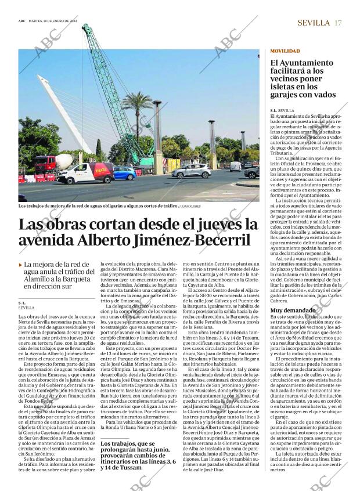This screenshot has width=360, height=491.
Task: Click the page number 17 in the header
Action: [x=337, y=23]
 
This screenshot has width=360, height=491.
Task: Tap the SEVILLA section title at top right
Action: [x=313, y=23]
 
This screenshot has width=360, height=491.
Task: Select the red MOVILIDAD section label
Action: [x=285, y=52]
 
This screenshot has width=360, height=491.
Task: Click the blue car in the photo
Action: [x=124, y=173]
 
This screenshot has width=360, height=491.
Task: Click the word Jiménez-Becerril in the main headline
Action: [x=196, y=240]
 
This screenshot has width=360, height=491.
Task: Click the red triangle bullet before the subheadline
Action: [x=20, y=265]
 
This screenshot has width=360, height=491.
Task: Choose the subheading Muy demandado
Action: [x=293, y=311]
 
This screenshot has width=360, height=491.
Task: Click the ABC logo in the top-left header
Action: [x=22, y=20]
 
